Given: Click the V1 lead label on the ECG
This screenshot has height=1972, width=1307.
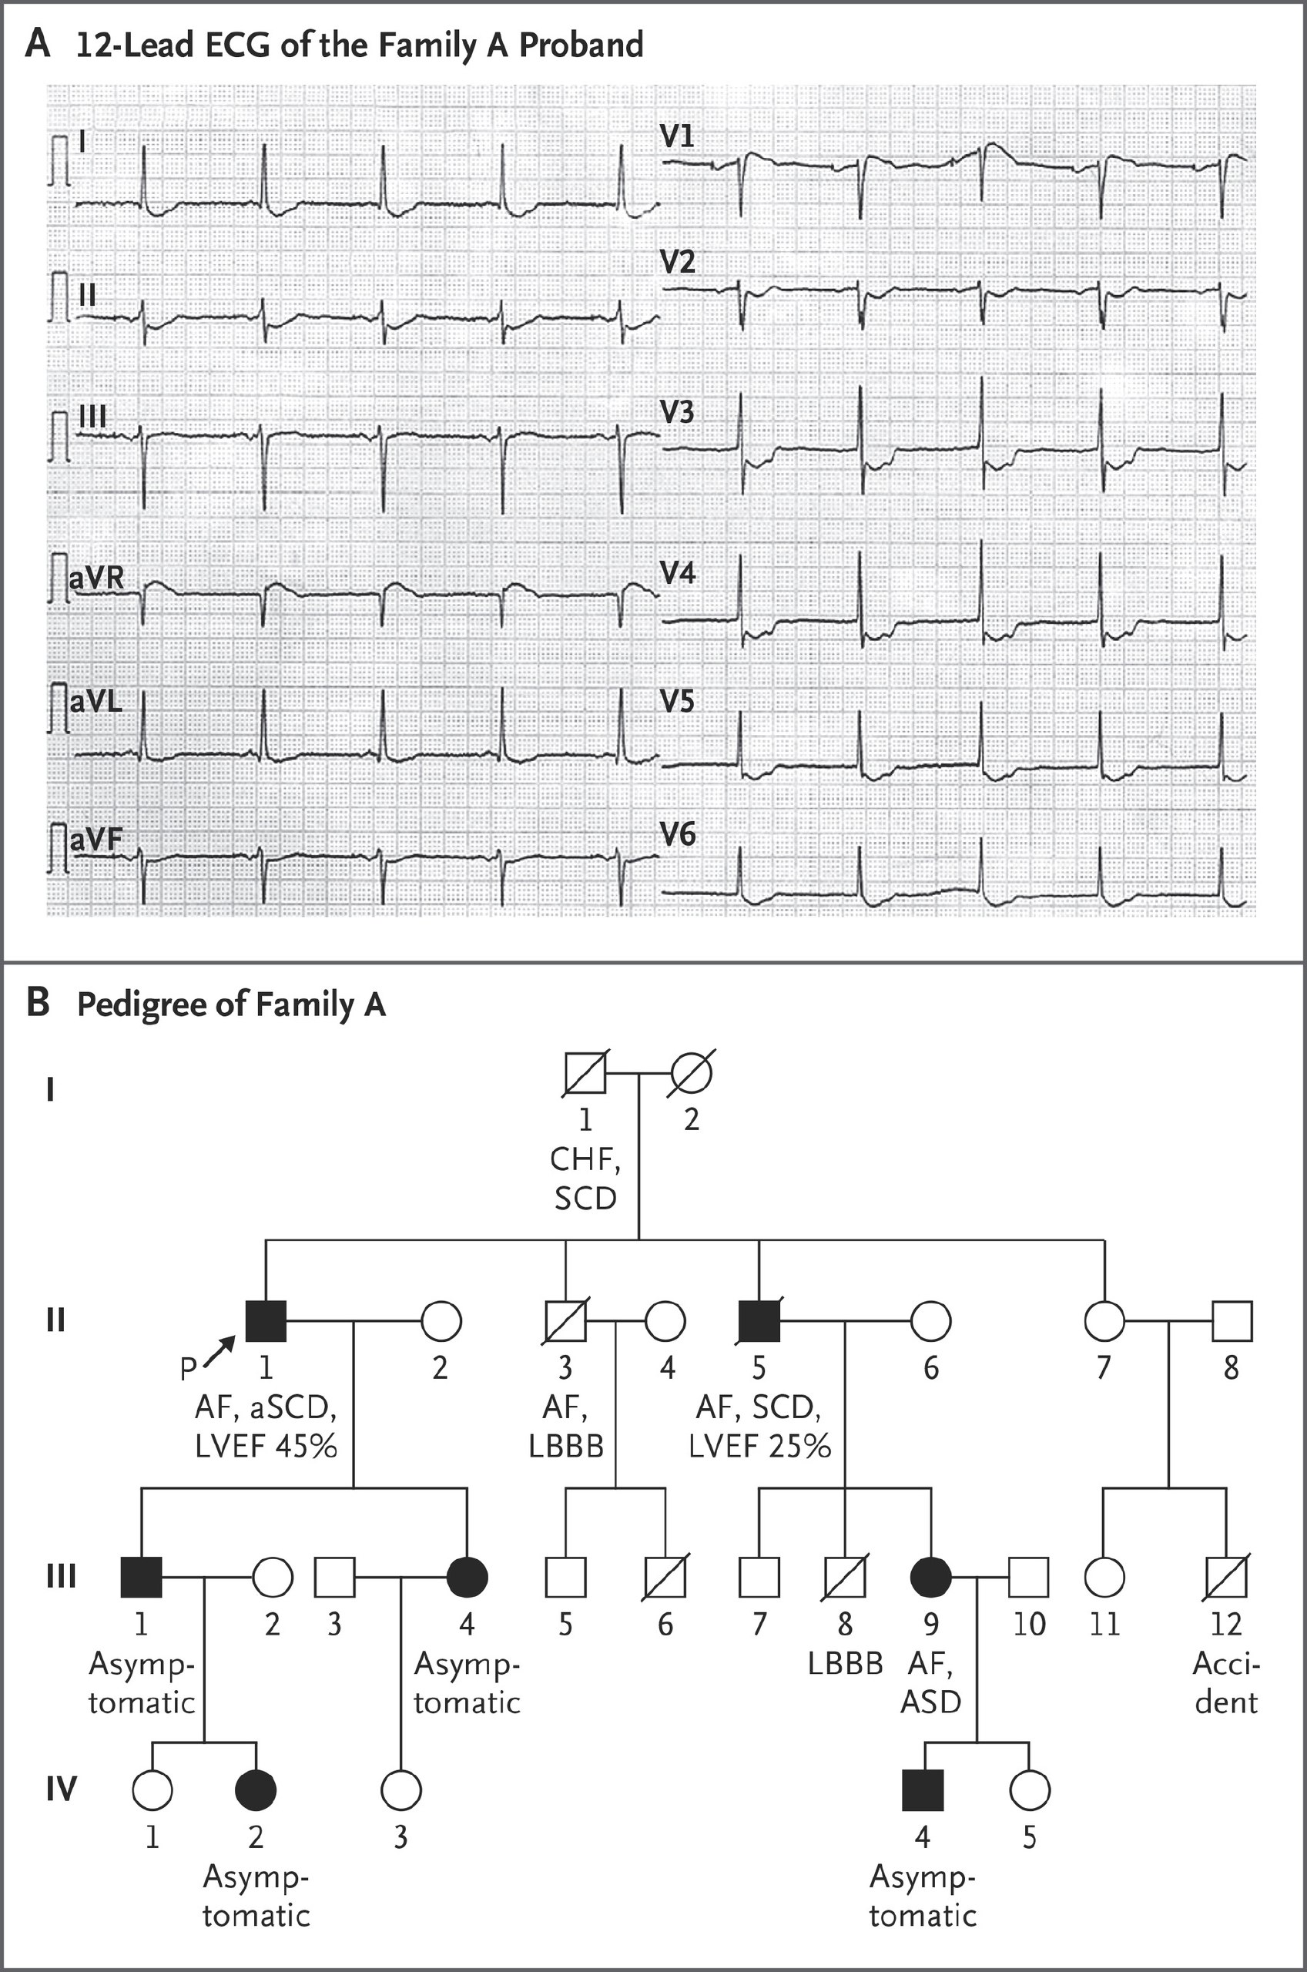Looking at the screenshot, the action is pos(677,136).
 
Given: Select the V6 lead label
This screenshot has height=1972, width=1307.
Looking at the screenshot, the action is pos(678,834).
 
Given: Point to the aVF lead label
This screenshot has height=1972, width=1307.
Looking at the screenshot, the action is pos(96,840).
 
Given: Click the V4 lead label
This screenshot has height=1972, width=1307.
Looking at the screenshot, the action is pos(678,572).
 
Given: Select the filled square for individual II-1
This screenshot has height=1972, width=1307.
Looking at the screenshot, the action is pos(266,1321).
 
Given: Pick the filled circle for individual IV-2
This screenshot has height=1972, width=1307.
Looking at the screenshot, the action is pos(256,1789).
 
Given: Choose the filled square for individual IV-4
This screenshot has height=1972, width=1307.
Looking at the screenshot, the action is pos(923,1789).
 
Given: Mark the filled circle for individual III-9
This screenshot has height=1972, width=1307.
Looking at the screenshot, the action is pos(930,1577).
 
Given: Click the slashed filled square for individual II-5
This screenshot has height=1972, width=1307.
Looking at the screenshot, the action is pos(759,1321).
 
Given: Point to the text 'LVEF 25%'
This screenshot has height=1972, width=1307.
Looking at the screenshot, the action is pos(759,1445).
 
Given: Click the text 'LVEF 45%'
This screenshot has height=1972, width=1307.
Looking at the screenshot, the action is pos(266,1445).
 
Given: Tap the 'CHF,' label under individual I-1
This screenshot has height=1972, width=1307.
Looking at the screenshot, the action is pos(585,1160).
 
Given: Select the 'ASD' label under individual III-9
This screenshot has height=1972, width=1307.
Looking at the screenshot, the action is pos(930,1701).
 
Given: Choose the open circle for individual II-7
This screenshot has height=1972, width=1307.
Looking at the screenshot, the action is pos(1104,1321).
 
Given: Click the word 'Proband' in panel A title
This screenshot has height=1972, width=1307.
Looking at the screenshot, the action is pos(581,44).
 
